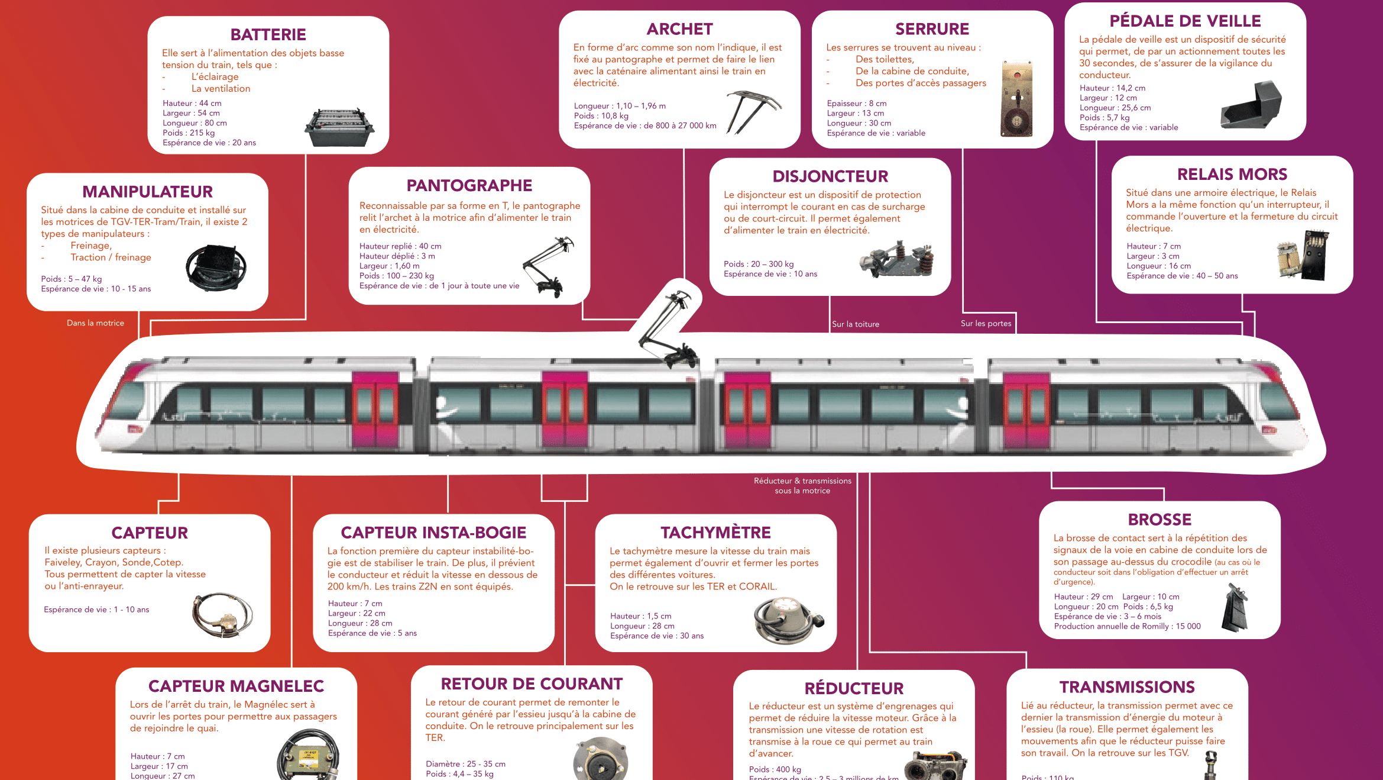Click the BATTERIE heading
pyautogui.click(x=268, y=35)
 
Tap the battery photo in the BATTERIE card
pyautogui.click(x=339, y=127)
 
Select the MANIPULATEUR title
pyautogui.click(x=147, y=192)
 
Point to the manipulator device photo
pyautogui.click(x=216, y=267)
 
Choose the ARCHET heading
pyautogui.click(x=679, y=30)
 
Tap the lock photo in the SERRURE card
pyautogui.click(x=1016, y=99)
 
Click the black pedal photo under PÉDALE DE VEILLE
pyautogui.click(x=1251, y=106)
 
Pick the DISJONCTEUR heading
pyautogui.click(x=830, y=176)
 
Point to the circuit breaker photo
pyautogui.click(x=897, y=259)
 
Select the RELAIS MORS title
pyautogui.click(x=1232, y=175)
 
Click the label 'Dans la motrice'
pyautogui.click(x=95, y=323)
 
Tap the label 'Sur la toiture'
pyautogui.click(x=855, y=324)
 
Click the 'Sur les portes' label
pyautogui.click(x=986, y=324)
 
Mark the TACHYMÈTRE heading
pyautogui.click(x=715, y=533)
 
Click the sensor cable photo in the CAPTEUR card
pyautogui.click(x=222, y=615)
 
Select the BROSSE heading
pyautogui.click(x=1159, y=520)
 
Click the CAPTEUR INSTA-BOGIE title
pyautogui.click(x=433, y=533)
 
